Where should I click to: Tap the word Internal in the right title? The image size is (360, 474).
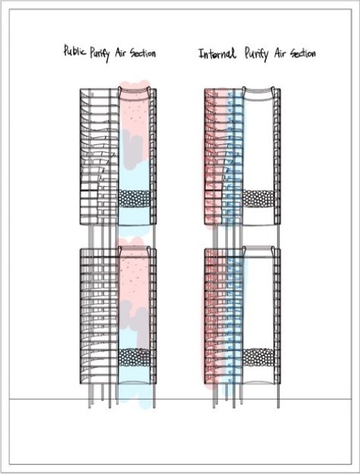click(216, 53)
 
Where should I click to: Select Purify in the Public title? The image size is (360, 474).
click(99, 53)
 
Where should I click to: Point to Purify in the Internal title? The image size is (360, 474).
click(256, 54)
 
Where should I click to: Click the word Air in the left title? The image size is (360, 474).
click(121, 53)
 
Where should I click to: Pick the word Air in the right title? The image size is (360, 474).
click(280, 53)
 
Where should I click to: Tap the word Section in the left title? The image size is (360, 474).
click(143, 53)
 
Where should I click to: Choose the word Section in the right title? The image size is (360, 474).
click(303, 53)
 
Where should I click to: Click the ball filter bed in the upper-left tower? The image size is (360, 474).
click(134, 198)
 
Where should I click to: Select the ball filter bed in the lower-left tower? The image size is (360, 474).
click(134, 357)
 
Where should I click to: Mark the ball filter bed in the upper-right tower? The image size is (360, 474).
click(258, 198)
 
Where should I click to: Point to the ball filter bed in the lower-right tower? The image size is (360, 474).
click(258, 357)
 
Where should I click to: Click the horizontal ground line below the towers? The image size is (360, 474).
click(180, 399)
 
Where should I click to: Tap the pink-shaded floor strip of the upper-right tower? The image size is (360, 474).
click(215, 157)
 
